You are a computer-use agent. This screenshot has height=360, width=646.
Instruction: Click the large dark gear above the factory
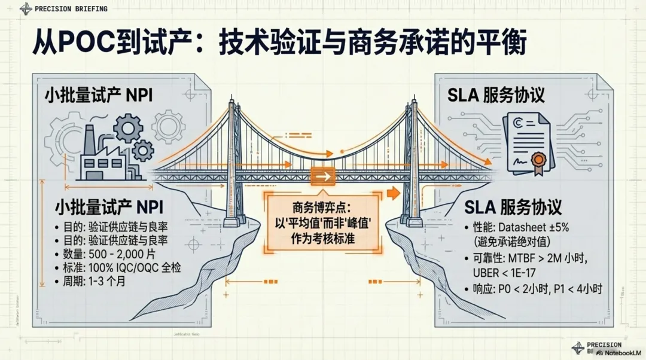(x=127, y=127)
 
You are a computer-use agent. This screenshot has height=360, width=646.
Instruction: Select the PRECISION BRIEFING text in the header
(x=71, y=9)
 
